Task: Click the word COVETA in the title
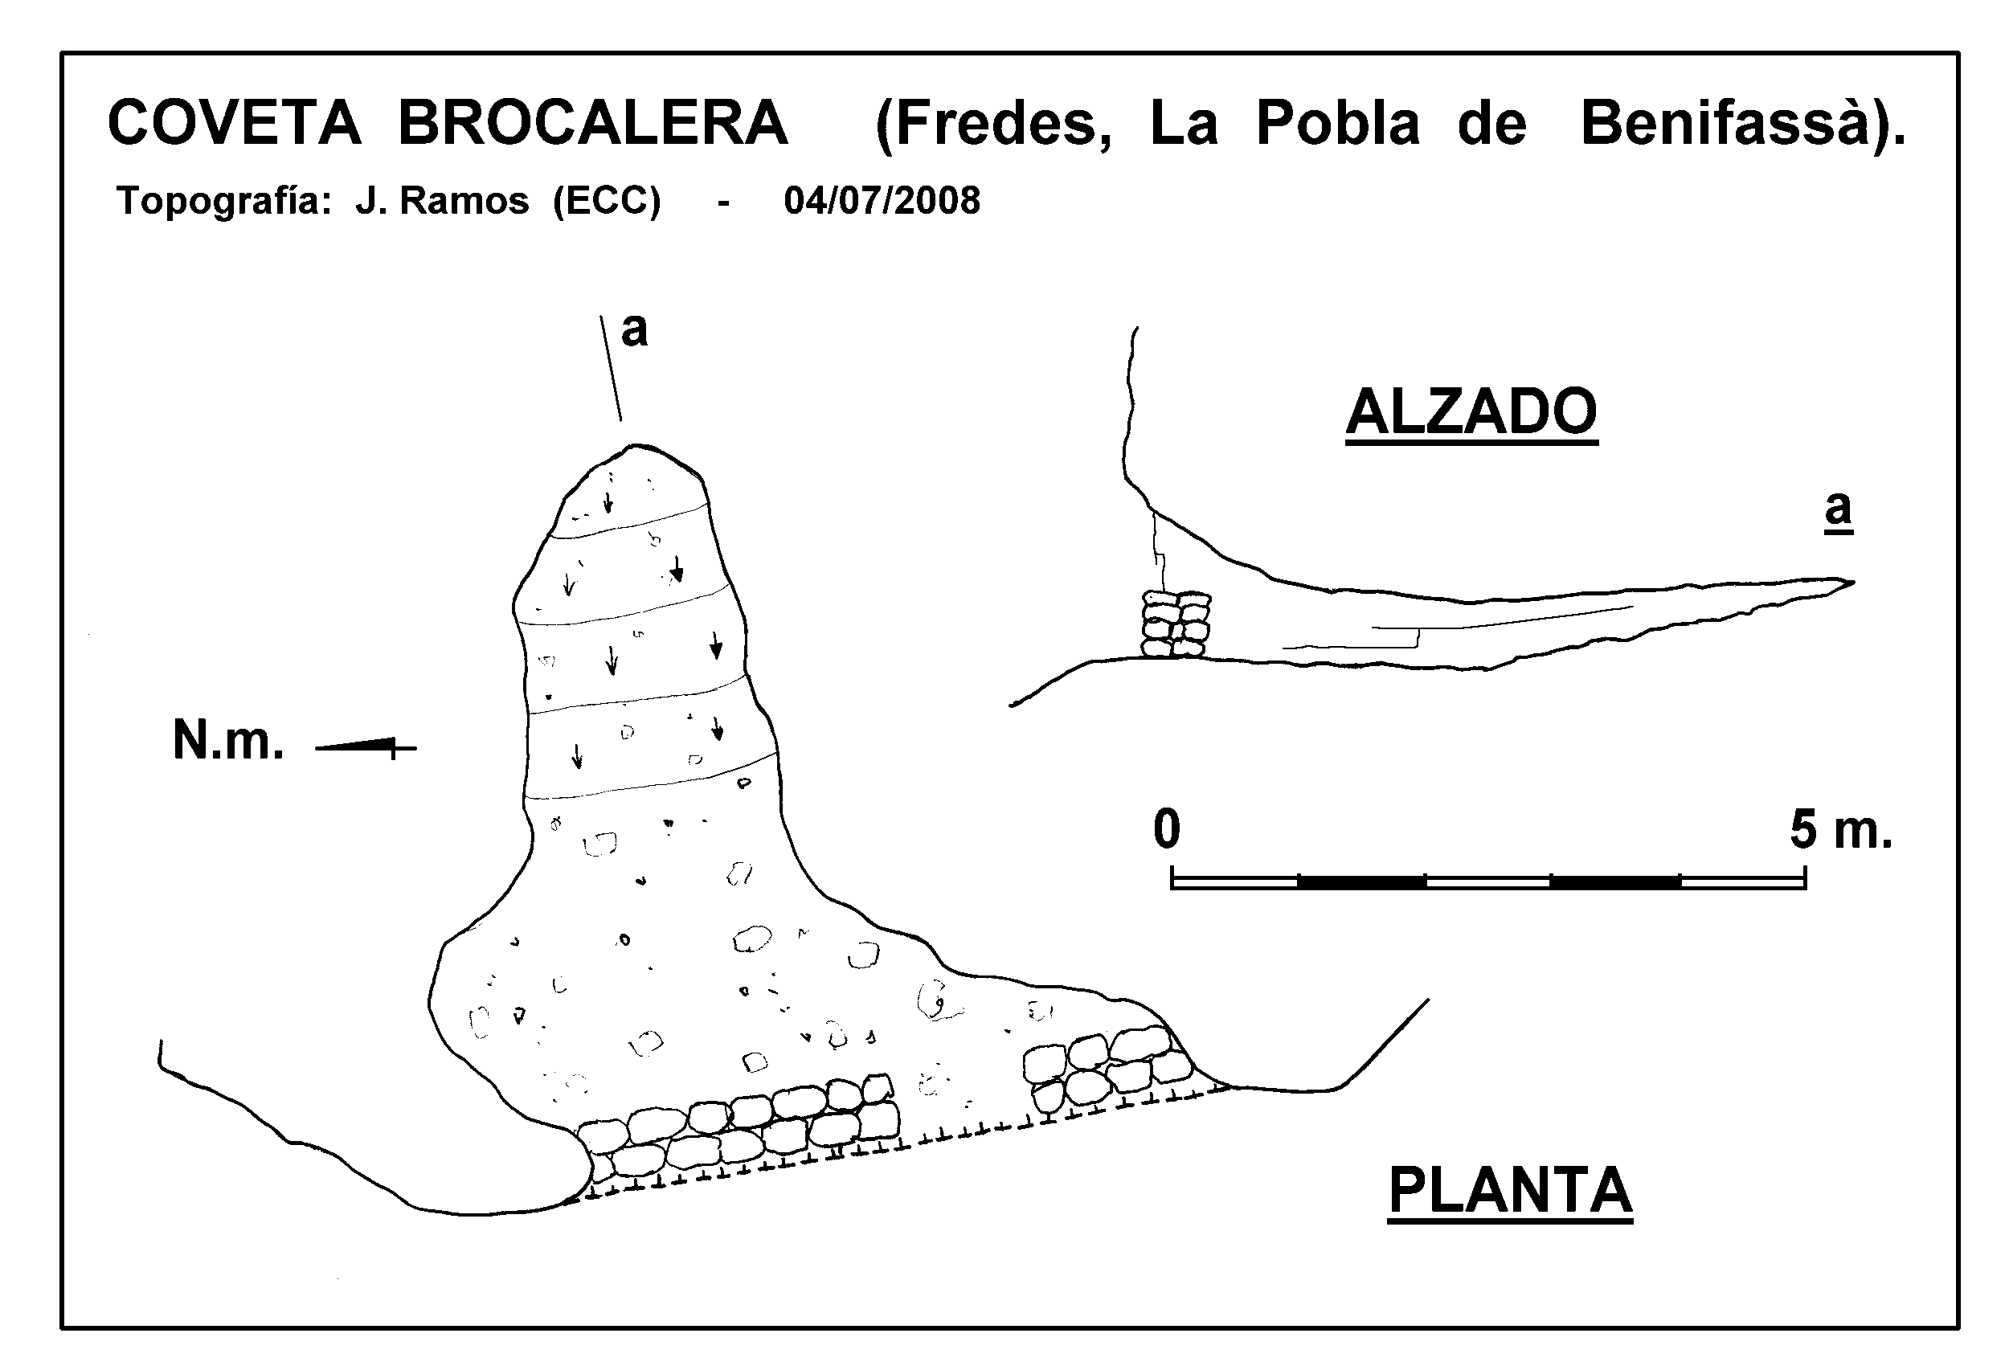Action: coord(235,122)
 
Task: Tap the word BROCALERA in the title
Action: coord(593,122)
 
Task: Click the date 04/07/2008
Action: coord(882,201)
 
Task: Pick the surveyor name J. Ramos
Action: coord(442,202)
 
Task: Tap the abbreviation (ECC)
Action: coord(607,202)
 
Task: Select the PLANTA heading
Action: coord(1510,1191)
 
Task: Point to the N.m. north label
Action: coord(228,740)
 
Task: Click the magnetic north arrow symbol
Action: coord(366,746)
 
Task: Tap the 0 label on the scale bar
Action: coord(1166,829)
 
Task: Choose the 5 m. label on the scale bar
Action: coord(1840,829)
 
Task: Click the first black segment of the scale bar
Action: coord(1360,881)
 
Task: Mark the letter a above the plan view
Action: coord(634,330)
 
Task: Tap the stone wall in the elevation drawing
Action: coord(1176,624)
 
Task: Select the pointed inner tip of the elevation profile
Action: coord(1853,581)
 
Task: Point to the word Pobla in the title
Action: coord(1338,122)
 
